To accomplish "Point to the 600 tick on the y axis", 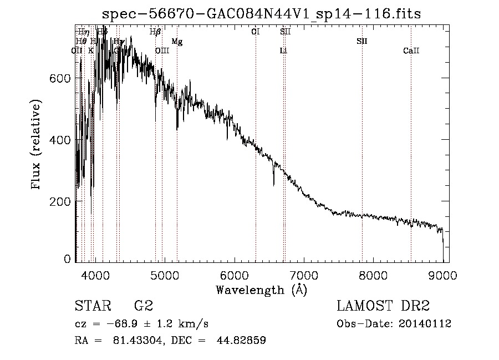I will pyautogui.click(x=64, y=78).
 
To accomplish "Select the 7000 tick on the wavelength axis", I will pyautogui.click(x=303, y=273).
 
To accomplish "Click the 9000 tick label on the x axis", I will pyautogui.click(x=442, y=273).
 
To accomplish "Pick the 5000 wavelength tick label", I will pyautogui.click(x=164, y=273).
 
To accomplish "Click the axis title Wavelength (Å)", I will pyautogui.click(x=261, y=290).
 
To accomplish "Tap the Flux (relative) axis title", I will pyautogui.click(x=37, y=145).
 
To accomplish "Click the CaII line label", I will pyautogui.click(x=411, y=51).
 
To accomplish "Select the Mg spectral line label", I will pyautogui.click(x=177, y=42).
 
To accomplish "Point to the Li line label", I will pyautogui.click(x=283, y=51).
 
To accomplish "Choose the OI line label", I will pyautogui.click(x=255, y=32).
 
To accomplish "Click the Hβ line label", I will pyautogui.click(x=155, y=32).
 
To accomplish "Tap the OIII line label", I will pyautogui.click(x=162, y=51).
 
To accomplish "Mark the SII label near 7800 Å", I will pyautogui.click(x=361, y=42).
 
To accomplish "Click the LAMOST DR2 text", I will pyautogui.click(x=383, y=306).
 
